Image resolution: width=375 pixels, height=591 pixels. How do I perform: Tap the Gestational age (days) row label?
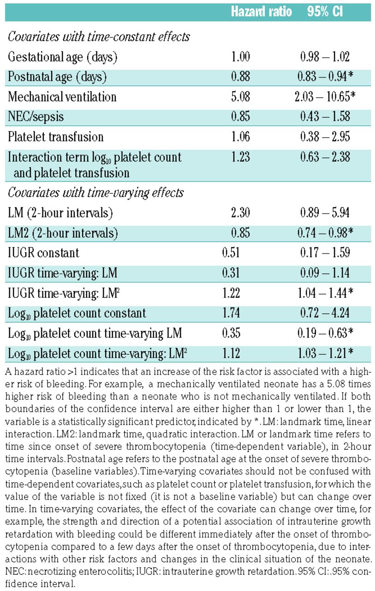coord(62,57)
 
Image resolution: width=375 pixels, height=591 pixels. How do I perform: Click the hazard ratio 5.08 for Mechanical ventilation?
coord(240,97)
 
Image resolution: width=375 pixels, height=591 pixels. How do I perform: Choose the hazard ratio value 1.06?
coord(240,137)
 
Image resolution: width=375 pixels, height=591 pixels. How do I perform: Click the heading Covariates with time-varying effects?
coord(96,193)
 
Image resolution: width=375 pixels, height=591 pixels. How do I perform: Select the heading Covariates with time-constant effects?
coord(99,37)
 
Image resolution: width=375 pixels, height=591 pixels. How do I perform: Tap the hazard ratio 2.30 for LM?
coord(240,213)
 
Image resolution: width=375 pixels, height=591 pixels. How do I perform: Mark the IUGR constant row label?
coord(44,253)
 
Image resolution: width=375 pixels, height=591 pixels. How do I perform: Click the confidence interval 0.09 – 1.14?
coord(325,273)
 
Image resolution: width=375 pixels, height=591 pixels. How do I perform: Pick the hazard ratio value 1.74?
coord(231,313)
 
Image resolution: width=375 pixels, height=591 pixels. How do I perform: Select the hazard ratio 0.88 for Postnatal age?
coord(240,77)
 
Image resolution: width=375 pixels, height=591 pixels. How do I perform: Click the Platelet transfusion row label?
coord(56,137)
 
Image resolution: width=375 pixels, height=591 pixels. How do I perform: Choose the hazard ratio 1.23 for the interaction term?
coord(240,157)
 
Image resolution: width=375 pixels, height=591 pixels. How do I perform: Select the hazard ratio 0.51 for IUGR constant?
coord(231,253)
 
